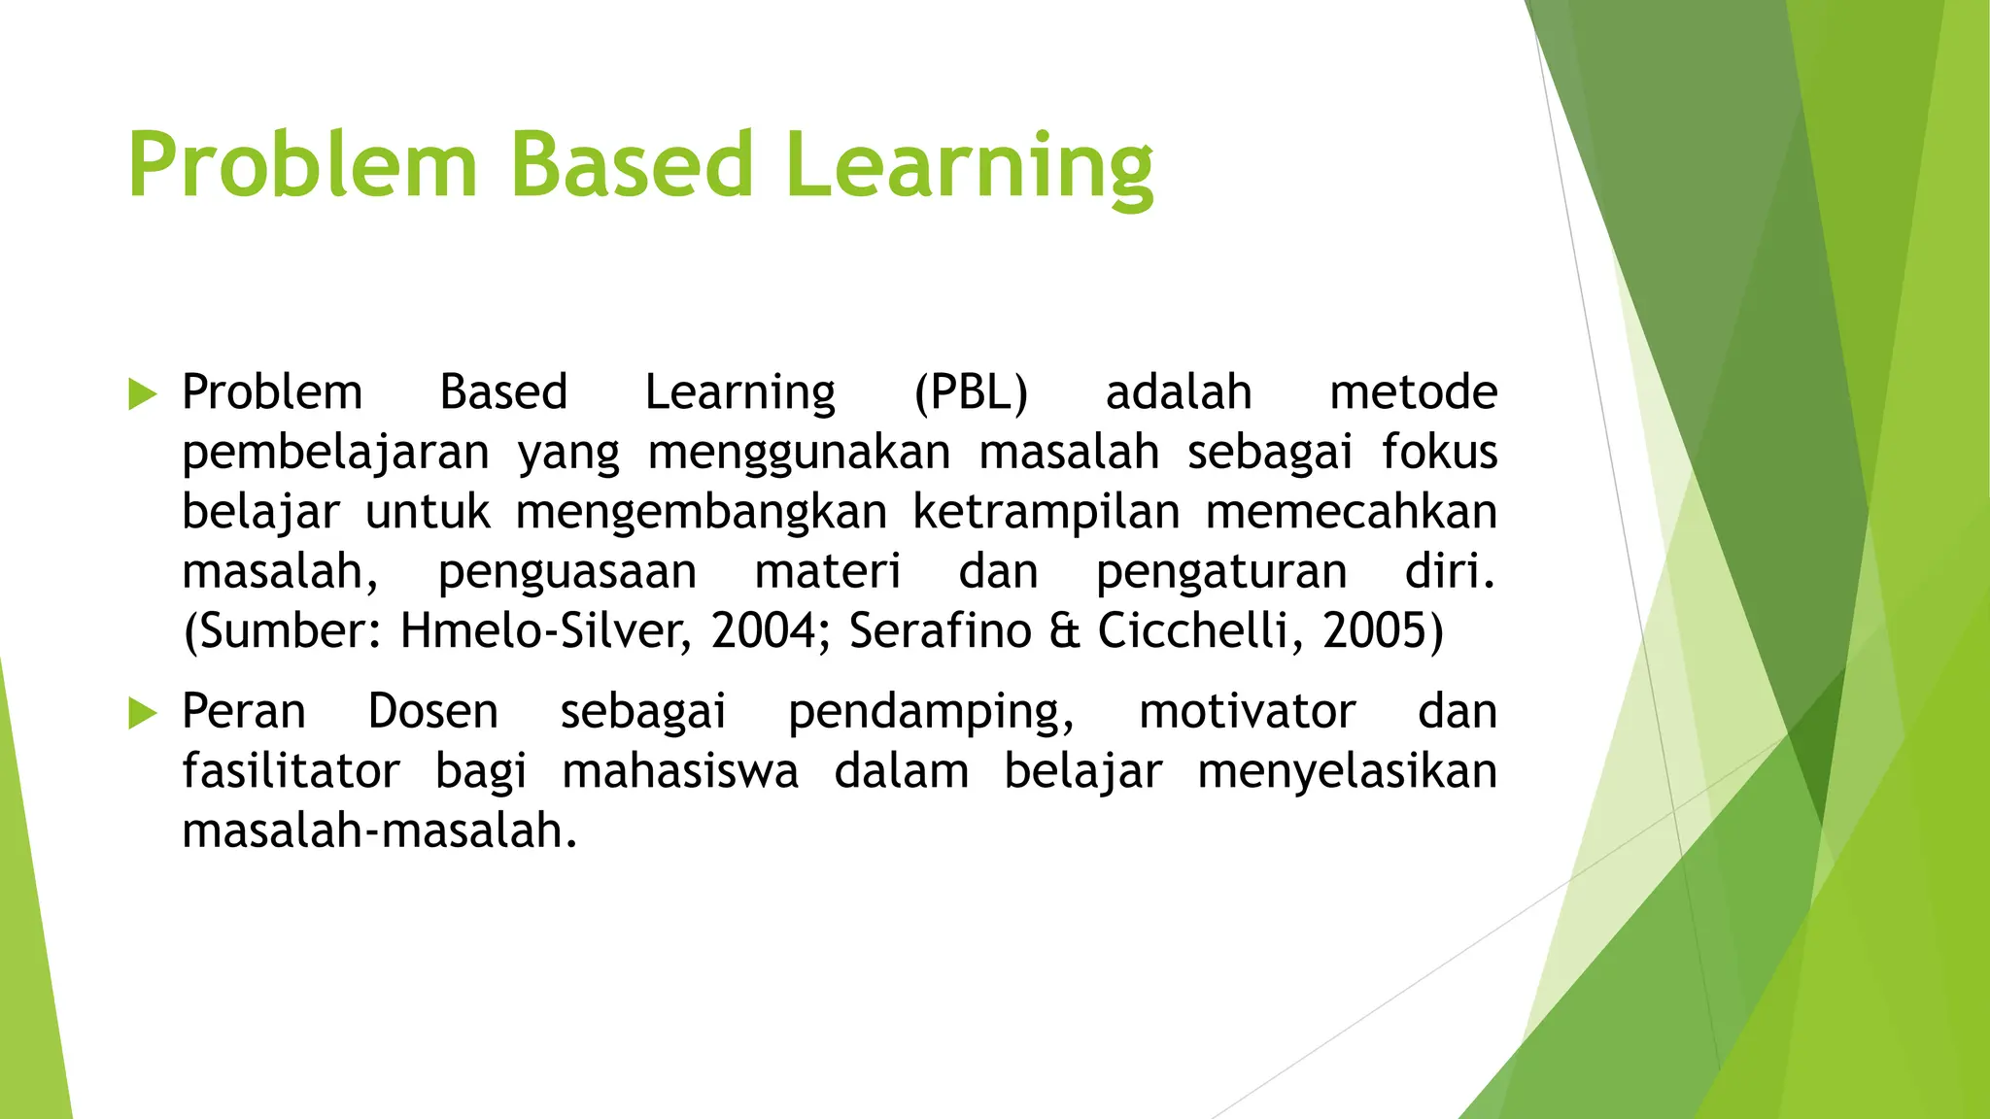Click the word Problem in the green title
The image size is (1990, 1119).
tap(302, 165)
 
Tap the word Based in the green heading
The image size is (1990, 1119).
tap(632, 165)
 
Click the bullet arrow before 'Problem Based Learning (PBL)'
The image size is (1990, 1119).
tap(142, 394)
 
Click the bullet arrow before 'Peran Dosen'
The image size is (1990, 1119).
tap(142, 714)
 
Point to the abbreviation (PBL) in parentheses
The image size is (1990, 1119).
tap(971, 393)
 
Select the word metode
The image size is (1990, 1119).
tap(1413, 393)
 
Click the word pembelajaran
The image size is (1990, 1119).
tap(335, 454)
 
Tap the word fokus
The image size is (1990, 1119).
tap(1439, 453)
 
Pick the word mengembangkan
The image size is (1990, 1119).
tap(701, 513)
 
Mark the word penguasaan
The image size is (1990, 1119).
tap(566, 572)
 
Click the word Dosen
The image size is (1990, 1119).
tap(432, 712)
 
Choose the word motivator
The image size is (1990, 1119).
tap(1247, 712)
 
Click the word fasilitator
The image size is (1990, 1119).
tap(291, 772)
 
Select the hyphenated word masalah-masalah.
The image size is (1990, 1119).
tap(379, 831)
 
